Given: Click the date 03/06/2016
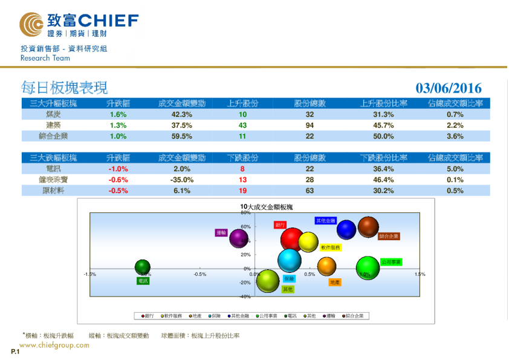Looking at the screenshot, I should point(449,88).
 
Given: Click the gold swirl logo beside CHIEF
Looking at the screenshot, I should point(31,24).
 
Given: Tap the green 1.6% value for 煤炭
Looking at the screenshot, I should point(118,114).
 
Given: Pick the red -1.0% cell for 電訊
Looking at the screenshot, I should point(118,169).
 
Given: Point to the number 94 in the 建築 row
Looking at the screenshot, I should point(310,125).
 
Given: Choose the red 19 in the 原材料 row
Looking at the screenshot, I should point(242,191).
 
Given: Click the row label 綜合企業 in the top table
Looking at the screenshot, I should point(53,136).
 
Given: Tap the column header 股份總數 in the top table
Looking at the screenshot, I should point(310,103).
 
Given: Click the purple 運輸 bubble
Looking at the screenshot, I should point(239,239).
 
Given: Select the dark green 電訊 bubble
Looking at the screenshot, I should point(142,267).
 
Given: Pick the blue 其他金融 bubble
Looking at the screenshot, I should point(346,229).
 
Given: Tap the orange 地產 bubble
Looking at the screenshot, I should point(326,266).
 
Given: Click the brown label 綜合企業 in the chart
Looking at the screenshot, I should point(389,237).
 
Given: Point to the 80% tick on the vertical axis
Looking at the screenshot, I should point(245,213).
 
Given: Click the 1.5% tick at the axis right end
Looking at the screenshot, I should point(420,274).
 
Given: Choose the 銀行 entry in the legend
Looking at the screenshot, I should point(148,315).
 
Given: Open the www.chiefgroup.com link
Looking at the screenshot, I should point(54,345).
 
